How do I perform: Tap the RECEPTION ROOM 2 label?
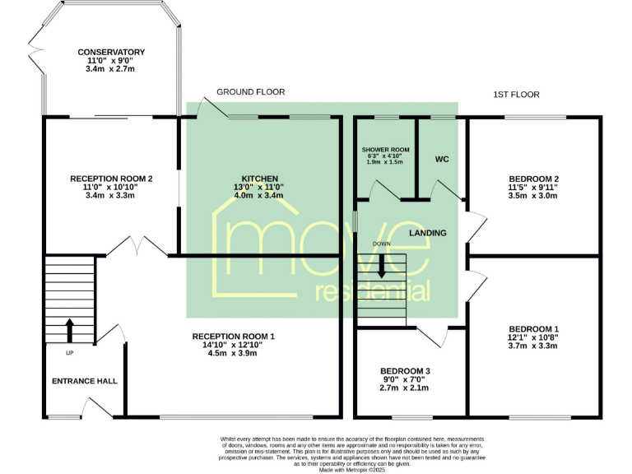(111, 179)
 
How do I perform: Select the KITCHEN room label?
(259, 179)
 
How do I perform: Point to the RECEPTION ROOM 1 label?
(234, 337)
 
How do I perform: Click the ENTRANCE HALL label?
(85, 381)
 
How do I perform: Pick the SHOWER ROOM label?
(385, 149)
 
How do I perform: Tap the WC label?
(441, 158)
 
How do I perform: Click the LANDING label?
(428, 233)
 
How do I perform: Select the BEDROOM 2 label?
(533, 179)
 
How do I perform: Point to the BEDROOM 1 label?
(533, 328)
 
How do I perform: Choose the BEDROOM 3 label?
(404, 371)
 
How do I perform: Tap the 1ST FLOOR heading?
(516, 95)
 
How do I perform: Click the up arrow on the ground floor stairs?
(68, 329)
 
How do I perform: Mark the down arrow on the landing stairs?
(381, 270)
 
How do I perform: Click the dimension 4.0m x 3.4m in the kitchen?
(259, 196)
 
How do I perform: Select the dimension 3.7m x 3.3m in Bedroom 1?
(533, 346)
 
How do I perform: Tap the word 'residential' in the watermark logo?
(374, 290)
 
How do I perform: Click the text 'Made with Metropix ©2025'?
(351, 468)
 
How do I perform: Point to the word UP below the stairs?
(68, 352)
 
